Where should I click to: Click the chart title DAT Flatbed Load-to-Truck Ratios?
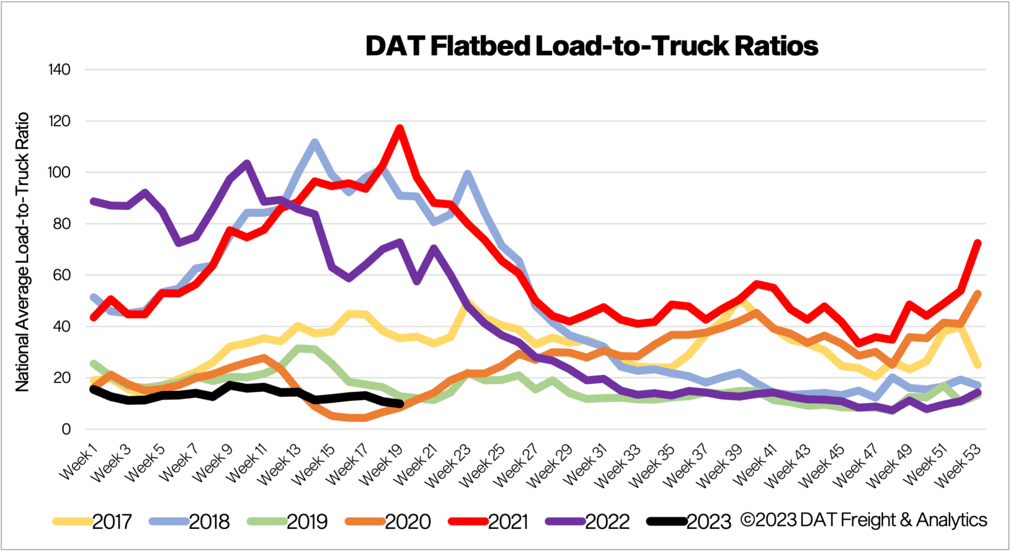point(591,46)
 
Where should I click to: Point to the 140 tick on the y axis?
point(59,70)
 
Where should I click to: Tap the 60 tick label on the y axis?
point(59,275)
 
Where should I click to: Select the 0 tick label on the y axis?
point(66,429)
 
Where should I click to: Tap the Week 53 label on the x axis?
point(958,465)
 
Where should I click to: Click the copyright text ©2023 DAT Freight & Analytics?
point(864,520)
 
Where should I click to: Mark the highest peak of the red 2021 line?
point(399,128)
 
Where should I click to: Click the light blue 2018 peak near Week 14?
point(314,142)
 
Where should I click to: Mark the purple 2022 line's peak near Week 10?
point(247,163)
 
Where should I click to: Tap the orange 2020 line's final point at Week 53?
point(977,294)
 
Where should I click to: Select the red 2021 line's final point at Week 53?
point(977,243)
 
